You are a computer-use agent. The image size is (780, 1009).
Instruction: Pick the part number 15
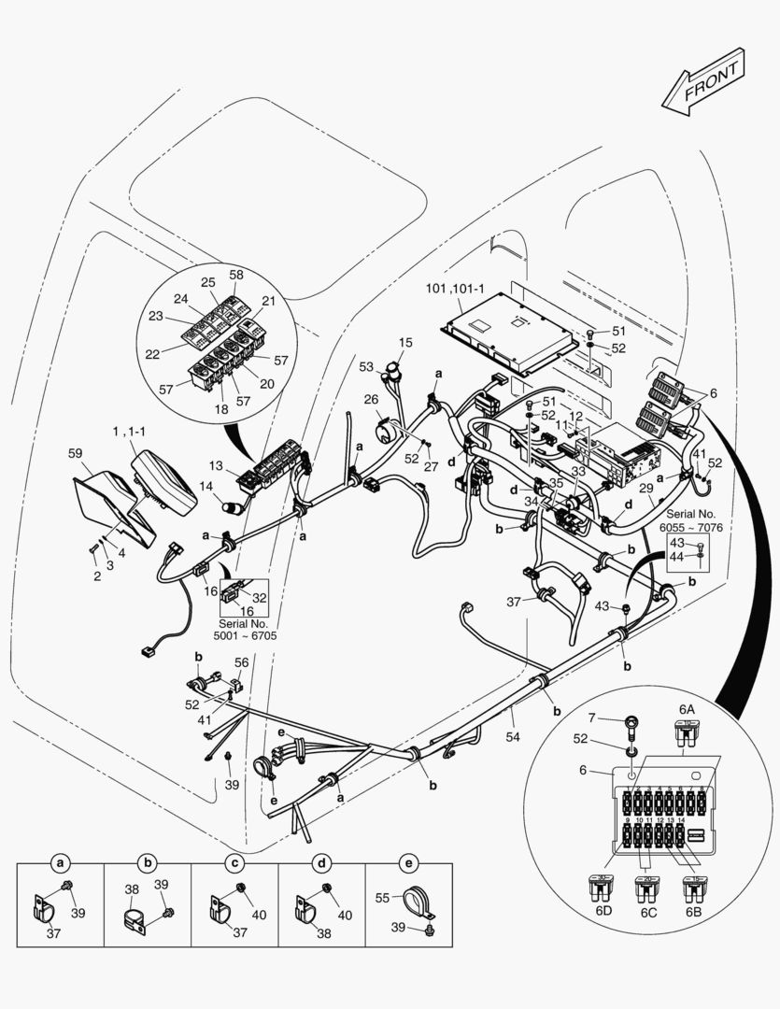tap(405, 343)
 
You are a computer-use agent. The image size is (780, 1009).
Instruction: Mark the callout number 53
tap(366, 366)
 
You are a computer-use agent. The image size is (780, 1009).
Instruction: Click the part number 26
tap(371, 399)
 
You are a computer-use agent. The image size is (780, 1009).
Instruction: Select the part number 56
tap(241, 661)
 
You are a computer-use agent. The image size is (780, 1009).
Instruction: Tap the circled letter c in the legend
tap(235, 862)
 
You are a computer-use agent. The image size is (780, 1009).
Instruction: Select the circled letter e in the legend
tap(407, 862)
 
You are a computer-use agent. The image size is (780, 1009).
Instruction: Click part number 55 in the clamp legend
tap(381, 897)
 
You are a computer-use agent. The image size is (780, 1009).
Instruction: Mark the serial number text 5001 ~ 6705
tap(243, 629)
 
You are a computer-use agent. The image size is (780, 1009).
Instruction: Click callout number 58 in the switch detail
tap(236, 275)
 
